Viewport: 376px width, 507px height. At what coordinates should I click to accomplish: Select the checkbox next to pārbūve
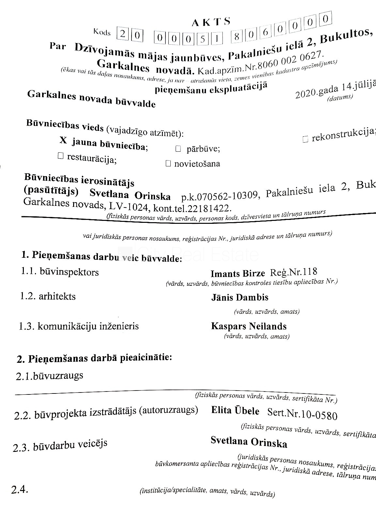(x=178, y=149)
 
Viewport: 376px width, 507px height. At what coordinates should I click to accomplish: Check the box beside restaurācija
(x=60, y=156)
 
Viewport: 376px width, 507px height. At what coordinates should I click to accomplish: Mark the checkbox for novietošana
(x=168, y=163)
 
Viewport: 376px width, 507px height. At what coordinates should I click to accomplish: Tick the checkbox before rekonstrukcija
(x=305, y=139)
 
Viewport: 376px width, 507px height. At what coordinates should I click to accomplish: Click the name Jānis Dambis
(x=240, y=298)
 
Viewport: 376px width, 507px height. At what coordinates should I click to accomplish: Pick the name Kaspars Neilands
(x=249, y=326)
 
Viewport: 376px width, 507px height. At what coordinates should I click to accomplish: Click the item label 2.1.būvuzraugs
(x=49, y=376)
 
